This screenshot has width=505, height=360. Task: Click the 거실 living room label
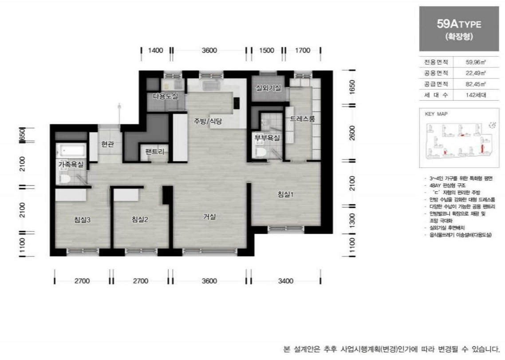209,217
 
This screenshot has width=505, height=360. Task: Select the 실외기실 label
268,88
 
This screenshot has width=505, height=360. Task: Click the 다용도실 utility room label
166,96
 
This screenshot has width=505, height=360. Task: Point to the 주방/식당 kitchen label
207,121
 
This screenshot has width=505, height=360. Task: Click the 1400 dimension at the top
156,50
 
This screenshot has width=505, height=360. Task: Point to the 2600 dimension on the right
352,132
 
